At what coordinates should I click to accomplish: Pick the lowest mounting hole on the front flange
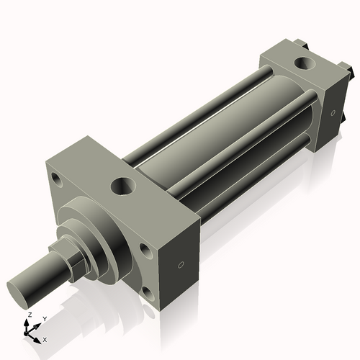point(147,292)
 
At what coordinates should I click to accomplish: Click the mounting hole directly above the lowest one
point(145,250)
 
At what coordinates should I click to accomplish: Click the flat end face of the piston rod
point(20,289)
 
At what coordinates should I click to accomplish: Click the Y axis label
point(44,318)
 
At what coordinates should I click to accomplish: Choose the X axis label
point(45,338)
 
